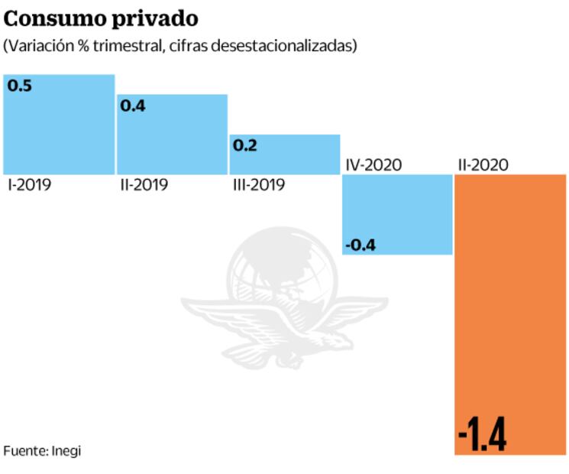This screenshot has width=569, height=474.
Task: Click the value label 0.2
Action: (x=244, y=145)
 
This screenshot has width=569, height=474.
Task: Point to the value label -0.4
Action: (x=360, y=245)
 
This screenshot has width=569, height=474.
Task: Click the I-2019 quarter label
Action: (x=29, y=185)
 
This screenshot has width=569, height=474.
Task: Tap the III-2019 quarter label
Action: (x=258, y=185)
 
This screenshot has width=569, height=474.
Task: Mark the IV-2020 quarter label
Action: (x=373, y=164)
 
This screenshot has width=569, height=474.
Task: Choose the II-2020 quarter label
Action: (x=483, y=164)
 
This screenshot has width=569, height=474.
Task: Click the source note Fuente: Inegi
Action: (x=42, y=451)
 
